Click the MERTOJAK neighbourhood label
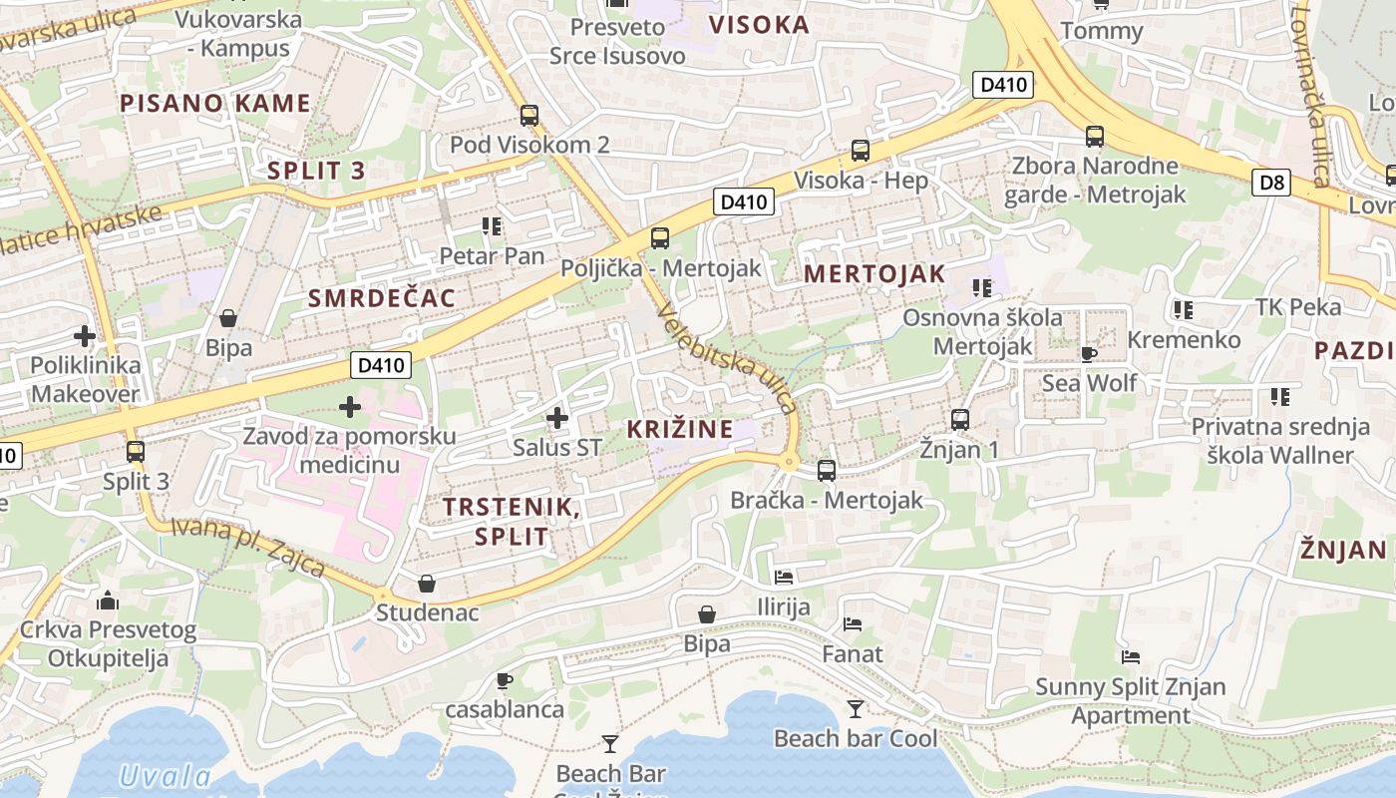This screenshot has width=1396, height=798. (873, 273)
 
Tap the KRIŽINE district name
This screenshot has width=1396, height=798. (679, 430)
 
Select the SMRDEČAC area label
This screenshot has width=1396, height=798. (381, 297)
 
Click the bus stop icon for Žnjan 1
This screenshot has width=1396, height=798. (960, 420)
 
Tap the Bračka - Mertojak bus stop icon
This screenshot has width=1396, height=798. (827, 471)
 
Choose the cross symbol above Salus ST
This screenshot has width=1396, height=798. (557, 418)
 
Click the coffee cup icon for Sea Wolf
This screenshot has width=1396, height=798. (1089, 354)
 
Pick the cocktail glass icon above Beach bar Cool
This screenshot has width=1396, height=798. (856, 709)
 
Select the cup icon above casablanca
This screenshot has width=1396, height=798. (504, 681)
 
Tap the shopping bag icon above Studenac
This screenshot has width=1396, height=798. (427, 584)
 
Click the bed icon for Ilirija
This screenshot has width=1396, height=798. (784, 578)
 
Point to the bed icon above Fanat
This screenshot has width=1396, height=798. (852, 625)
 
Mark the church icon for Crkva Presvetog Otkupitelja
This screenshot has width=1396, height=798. (108, 600)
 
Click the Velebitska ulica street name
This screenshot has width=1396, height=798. (728, 359)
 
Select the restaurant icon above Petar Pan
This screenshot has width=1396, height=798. (491, 227)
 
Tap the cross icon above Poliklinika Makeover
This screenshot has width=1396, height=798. (85, 336)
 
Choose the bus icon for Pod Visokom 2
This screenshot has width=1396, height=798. (529, 116)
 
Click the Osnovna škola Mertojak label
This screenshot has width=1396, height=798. (982, 332)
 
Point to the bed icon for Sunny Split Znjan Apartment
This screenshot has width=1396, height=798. (1130, 657)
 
